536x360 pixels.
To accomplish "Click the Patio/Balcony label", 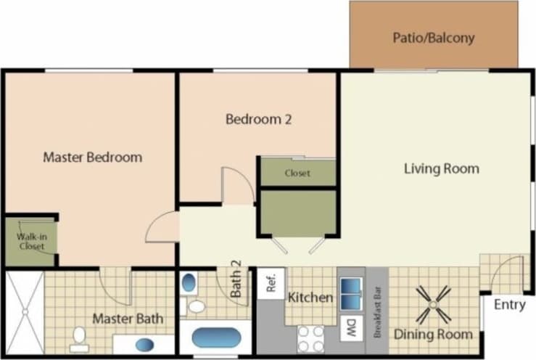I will (x=434, y=37).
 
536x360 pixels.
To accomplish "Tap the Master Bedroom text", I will (x=92, y=157).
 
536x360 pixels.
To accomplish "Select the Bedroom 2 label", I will (x=258, y=120).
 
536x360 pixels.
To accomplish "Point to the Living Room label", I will (x=441, y=169).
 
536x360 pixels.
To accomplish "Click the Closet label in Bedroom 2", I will (x=297, y=173).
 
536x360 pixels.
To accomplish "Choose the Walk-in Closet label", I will (x=30, y=241).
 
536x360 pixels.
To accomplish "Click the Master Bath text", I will (x=128, y=319).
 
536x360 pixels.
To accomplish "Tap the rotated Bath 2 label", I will (x=236, y=279).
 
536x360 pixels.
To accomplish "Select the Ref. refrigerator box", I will (x=272, y=283).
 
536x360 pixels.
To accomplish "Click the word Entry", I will (x=509, y=305).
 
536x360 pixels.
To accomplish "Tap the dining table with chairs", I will (x=434, y=303).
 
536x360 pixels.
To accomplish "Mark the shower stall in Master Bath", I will (x=24, y=311).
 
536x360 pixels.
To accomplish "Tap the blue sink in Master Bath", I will (x=146, y=344).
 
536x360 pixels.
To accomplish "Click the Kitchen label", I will (x=310, y=298).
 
